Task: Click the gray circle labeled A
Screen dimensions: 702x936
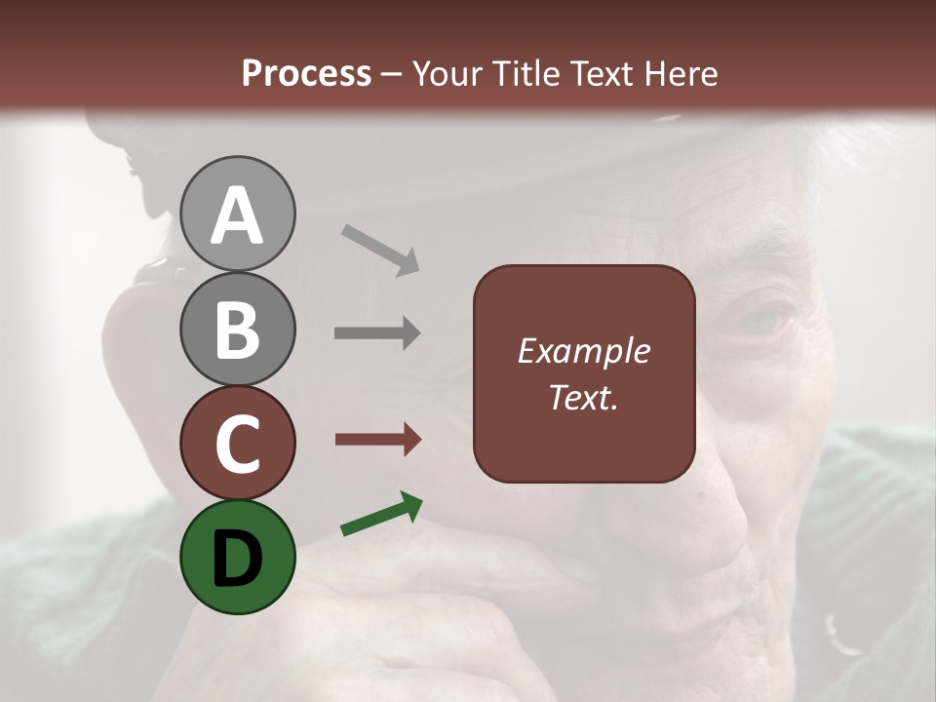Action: tap(237, 214)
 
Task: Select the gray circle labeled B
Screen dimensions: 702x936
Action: tap(237, 329)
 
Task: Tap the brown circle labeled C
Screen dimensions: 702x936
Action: tap(237, 443)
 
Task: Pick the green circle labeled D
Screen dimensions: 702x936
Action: tap(237, 557)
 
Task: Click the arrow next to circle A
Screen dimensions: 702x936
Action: tap(380, 250)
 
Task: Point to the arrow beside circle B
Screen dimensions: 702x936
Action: tap(377, 333)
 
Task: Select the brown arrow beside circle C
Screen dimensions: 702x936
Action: tap(377, 440)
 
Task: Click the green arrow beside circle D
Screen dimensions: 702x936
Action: tap(381, 515)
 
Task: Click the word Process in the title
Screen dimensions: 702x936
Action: tap(306, 73)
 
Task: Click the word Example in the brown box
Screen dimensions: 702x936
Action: tap(583, 351)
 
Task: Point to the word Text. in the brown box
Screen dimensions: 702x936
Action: tap(583, 397)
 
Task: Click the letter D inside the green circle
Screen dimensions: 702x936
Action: tap(237, 559)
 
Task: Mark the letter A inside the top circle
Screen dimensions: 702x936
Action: tap(237, 215)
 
